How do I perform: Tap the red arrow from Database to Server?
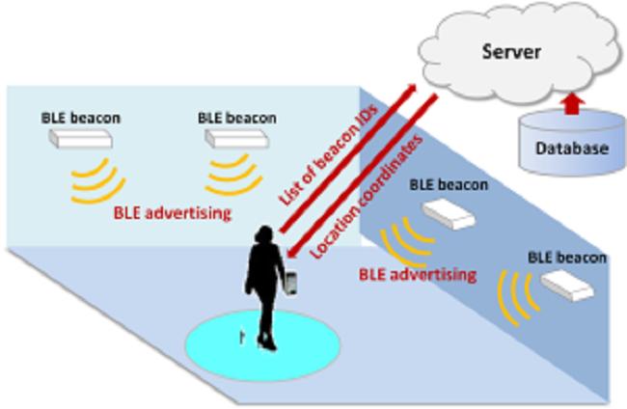(x=573, y=101)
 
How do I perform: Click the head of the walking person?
(x=262, y=237)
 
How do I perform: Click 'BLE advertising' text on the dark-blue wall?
(x=418, y=274)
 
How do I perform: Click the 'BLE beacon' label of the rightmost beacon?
(x=567, y=258)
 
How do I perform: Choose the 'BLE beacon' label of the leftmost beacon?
(x=81, y=117)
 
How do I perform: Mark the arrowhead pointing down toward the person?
(x=292, y=253)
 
